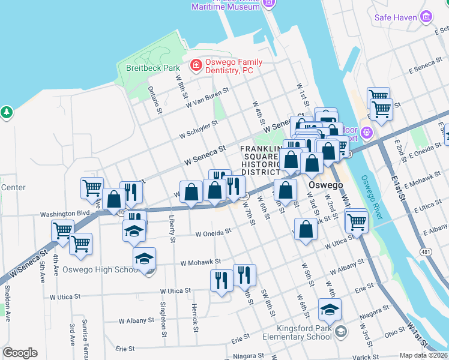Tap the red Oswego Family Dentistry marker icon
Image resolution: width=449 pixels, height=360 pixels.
point(196,64)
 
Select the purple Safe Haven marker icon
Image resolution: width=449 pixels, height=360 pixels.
point(426,17)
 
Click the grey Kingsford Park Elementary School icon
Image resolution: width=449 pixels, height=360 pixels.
point(340,331)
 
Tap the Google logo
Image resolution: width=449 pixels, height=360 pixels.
point(20,353)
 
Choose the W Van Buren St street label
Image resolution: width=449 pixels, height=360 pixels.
point(208,98)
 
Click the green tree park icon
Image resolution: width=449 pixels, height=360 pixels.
point(6,112)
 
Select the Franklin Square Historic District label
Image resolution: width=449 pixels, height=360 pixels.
point(261,160)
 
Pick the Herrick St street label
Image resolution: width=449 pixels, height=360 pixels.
point(195,317)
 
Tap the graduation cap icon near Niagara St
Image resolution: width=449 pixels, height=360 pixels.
point(330,310)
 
